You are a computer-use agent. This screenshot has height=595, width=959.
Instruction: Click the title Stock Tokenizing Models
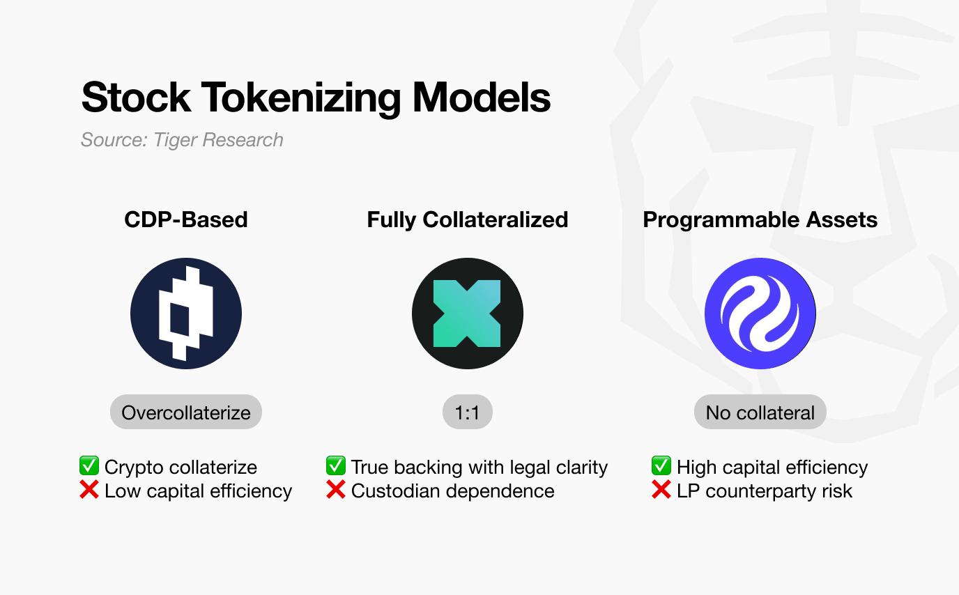point(316,98)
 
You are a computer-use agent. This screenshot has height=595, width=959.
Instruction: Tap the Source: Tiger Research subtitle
point(182,140)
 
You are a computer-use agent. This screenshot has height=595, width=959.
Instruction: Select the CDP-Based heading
point(186,219)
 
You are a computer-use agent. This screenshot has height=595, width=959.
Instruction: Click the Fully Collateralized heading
point(468,220)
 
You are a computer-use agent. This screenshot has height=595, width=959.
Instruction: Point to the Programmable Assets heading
point(760,220)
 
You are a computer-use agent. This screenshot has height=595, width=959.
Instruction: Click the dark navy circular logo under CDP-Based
point(186,314)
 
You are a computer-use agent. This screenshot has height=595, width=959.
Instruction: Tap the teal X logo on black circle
point(468,314)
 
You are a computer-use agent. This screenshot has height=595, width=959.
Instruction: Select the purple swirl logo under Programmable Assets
point(760,314)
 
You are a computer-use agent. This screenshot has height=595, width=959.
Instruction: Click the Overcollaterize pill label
point(186,412)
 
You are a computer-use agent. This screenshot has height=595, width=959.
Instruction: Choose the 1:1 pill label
point(468,412)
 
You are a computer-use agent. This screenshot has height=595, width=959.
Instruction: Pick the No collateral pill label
point(760,412)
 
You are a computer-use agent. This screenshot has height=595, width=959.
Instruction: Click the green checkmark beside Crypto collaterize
point(89,465)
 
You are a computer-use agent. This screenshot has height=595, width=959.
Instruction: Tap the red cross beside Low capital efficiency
point(89,490)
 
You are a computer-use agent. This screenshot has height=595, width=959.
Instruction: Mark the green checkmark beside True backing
point(336,465)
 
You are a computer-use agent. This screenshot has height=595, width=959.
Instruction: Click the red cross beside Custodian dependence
point(336,490)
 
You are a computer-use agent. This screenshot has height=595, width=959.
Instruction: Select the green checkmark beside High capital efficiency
point(661,465)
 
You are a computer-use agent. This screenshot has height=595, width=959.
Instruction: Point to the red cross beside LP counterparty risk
point(661,490)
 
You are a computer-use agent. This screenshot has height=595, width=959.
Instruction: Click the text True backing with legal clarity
point(479,467)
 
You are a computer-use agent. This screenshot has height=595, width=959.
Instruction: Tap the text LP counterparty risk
point(765,491)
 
